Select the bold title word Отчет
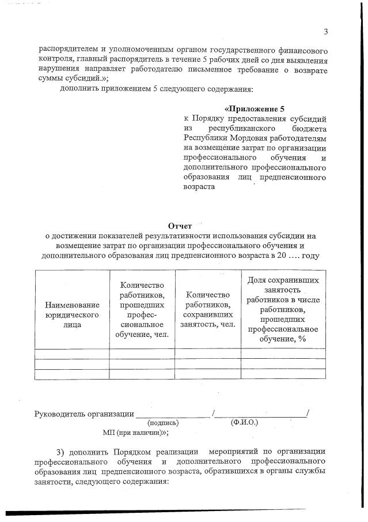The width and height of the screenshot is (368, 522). pos(180,226)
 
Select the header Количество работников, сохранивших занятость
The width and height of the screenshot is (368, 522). pos(208,310)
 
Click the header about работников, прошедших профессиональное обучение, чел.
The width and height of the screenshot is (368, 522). pos(142,310)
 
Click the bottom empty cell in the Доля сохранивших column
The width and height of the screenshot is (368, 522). pos(283,374)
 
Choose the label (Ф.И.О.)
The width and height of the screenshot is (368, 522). pos(244,422)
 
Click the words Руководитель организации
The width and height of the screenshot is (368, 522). pos(84,413)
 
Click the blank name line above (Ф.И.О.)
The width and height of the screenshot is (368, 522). pos(262,414)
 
